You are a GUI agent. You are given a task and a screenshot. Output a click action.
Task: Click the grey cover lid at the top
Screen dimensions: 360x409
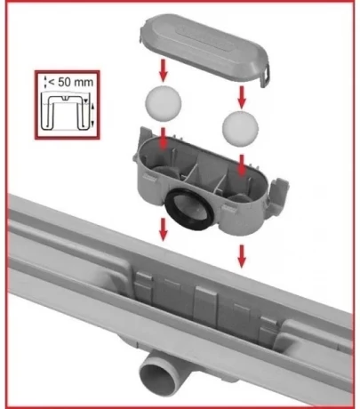tap(204, 49)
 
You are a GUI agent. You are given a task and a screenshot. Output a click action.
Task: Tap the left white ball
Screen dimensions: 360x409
tap(163, 103)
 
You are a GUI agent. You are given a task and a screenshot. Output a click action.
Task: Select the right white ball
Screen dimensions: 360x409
tap(240, 128)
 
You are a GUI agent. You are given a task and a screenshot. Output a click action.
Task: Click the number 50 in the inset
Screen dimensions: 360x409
tap(65, 82)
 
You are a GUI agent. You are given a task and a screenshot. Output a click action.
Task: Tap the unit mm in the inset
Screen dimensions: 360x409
tap(84, 83)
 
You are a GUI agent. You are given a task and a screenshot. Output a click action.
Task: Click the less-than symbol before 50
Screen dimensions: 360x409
tap(52, 83)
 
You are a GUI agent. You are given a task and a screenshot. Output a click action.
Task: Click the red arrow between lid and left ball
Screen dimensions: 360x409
tap(163, 70)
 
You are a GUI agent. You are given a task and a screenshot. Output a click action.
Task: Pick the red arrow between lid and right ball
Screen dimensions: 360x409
tap(242, 97)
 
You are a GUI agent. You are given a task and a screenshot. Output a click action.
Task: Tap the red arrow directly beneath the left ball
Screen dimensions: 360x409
tap(163, 138)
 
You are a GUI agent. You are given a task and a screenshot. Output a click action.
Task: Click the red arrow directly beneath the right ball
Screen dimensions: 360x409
tap(242, 164)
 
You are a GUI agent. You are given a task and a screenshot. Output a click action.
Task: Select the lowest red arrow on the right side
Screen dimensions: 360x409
tap(242, 256)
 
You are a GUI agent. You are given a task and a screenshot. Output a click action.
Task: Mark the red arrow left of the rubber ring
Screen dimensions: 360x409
tap(163, 229)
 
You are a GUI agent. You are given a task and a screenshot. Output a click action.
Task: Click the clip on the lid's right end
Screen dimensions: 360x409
tap(265, 76)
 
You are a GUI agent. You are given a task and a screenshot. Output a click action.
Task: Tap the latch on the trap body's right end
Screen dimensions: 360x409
tap(278, 194)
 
